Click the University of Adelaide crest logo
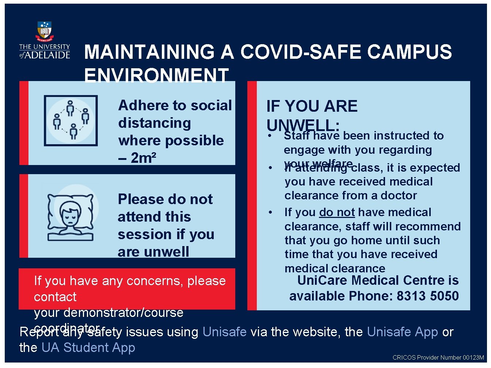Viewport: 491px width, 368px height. [x=45, y=31]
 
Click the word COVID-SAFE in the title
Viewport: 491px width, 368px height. [x=301, y=52]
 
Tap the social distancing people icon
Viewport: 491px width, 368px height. [x=71, y=120]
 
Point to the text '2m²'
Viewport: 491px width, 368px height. [x=143, y=158]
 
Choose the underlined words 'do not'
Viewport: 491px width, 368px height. [x=337, y=212]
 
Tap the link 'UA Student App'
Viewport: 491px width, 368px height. [x=88, y=348]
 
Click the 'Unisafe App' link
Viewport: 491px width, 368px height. [x=402, y=332]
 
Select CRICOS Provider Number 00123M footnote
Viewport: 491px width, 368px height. [x=438, y=358]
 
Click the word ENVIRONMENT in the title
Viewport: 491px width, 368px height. [x=156, y=76]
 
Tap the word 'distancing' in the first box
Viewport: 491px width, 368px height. [x=155, y=123]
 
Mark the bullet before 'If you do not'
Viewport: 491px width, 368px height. [x=270, y=212]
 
